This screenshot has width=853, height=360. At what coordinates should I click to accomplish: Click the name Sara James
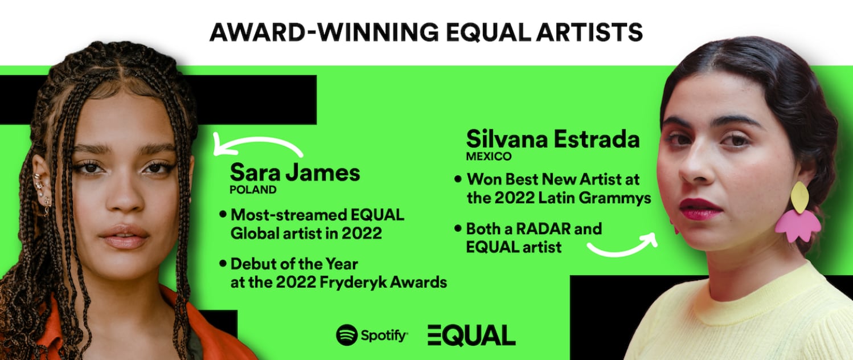[x=294, y=172]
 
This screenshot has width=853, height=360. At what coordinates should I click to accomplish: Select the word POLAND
[x=253, y=190]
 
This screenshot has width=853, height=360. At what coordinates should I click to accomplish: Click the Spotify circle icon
[x=347, y=335]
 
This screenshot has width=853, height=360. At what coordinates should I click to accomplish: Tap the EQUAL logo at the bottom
[x=471, y=335]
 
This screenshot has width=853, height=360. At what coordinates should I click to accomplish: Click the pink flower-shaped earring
[x=797, y=224]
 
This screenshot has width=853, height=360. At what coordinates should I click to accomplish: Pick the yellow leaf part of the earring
[x=799, y=197]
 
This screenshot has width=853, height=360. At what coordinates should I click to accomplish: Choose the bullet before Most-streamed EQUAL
[x=223, y=215]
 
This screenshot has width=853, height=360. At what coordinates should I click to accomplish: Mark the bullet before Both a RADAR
[x=458, y=229]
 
